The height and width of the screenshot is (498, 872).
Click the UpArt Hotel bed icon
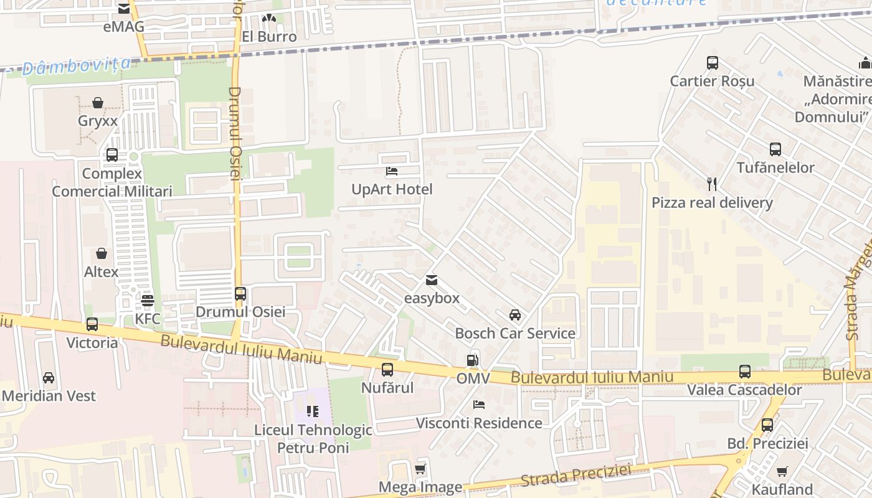click(392, 171)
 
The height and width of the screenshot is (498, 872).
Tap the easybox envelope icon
click(432, 280)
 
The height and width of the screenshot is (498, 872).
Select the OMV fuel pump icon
click(473, 360)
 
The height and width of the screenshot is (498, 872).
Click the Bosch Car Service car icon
click(515, 315)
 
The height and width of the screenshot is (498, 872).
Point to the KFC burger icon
click(148, 301)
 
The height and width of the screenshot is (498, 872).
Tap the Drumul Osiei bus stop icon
click(240, 293)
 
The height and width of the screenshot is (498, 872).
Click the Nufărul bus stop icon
click(387, 370)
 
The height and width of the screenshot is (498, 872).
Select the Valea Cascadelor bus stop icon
click(745, 372)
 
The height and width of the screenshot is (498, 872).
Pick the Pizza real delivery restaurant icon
click(713, 184)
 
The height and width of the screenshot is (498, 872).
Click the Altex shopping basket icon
click(102, 254)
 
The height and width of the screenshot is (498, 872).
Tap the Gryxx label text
click(98, 121)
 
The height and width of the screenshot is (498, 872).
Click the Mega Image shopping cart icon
click(420, 469)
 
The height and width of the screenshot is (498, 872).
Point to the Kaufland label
click(782, 489)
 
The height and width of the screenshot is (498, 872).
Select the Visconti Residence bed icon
click(479, 405)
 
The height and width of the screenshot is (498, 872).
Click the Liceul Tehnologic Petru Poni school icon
click(313, 411)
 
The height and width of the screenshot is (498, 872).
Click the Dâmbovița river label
click(77, 65)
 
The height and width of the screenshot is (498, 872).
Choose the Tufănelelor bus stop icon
click(775, 149)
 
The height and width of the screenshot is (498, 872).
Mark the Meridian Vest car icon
click(49, 378)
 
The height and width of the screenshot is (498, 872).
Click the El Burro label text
click(269, 36)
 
